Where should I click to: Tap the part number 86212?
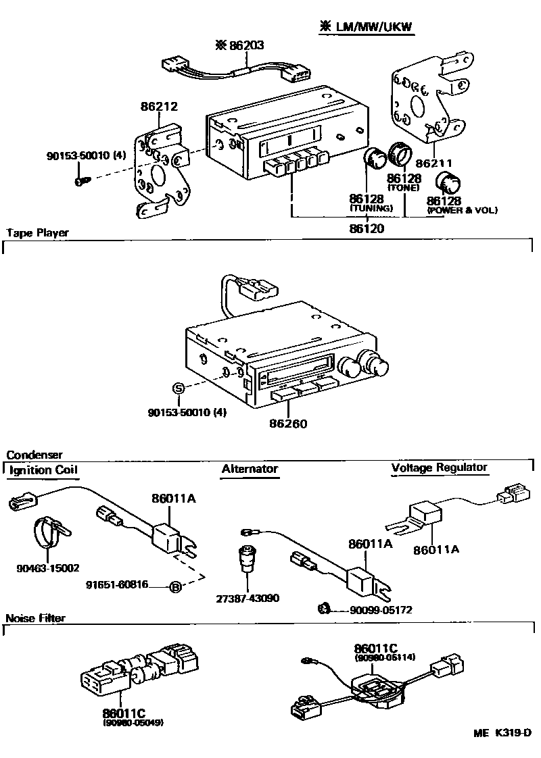coord(159,106)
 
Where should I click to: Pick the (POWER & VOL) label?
coord(462,211)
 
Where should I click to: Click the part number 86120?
coord(367,228)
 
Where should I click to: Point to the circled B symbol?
coord(174,586)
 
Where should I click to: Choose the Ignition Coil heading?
coord(43,470)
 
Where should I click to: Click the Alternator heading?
coord(250,469)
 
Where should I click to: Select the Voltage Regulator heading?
coord(439,468)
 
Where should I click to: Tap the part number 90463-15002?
coord(48,568)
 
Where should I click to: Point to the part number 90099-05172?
coord(381,609)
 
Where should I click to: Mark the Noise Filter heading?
coord(36,618)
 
